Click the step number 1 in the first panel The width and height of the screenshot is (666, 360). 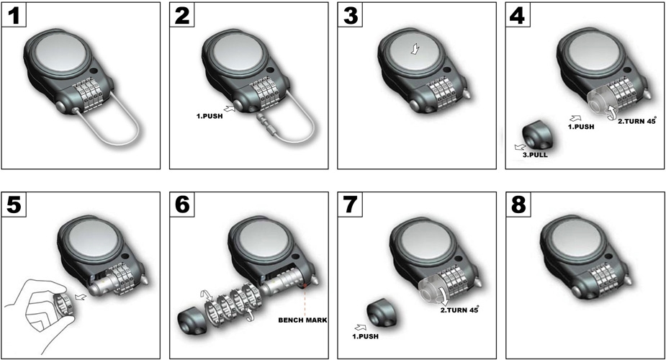[14, 15]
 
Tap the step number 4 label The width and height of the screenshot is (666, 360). [518, 15]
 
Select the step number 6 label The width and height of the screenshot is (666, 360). [182, 204]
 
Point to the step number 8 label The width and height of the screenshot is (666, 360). [518, 204]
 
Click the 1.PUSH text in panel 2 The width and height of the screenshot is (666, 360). [210, 116]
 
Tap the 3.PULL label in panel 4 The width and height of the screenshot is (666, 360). [535, 155]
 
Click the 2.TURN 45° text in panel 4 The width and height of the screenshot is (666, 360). [637, 121]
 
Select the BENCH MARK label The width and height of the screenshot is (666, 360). [303, 320]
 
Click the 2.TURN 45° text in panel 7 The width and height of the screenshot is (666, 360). [459, 310]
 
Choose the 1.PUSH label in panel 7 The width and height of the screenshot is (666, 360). [365, 336]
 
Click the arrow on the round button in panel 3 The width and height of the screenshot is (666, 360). [415, 49]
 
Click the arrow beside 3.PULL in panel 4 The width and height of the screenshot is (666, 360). [520, 148]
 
